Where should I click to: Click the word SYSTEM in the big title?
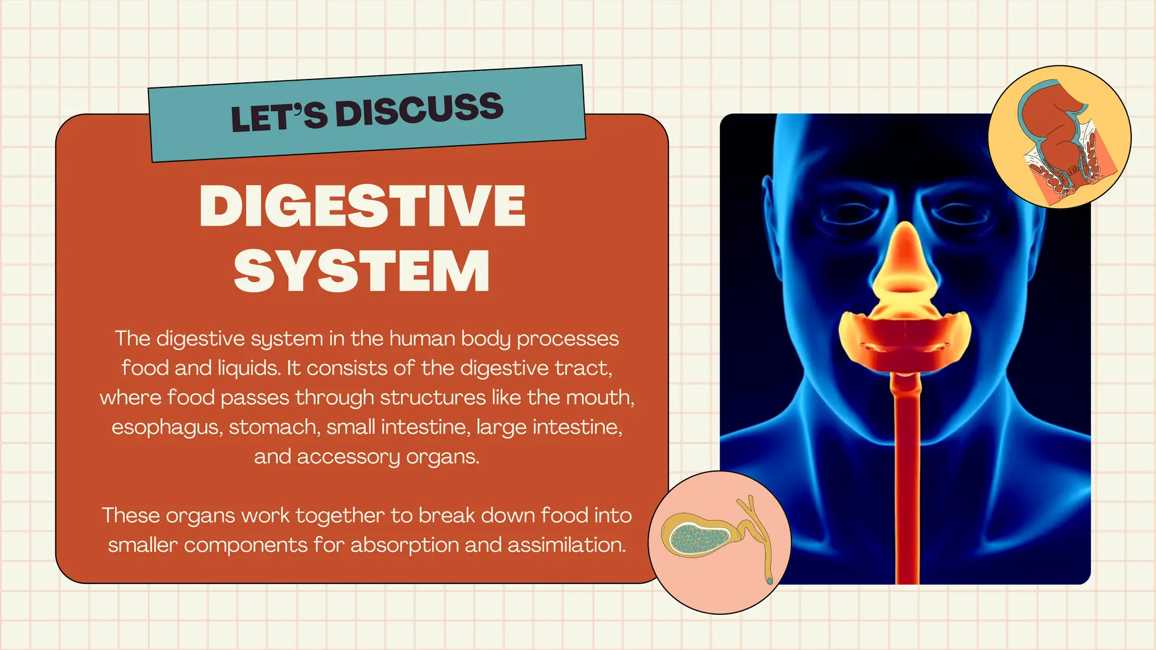(362, 271)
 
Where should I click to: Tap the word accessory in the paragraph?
(348, 456)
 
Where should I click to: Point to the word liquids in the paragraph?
(249, 368)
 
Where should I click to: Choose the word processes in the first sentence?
(568, 339)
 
